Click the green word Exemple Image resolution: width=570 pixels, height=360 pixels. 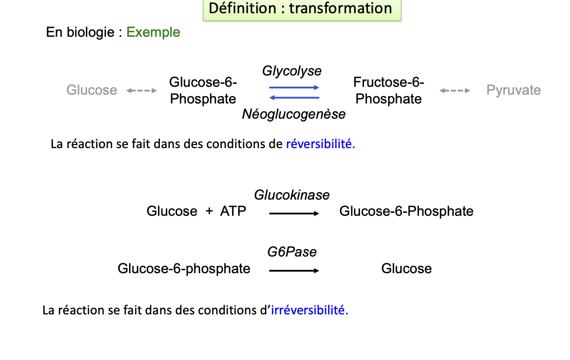(x=153, y=32)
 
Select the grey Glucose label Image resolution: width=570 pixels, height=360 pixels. (x=92, y=90)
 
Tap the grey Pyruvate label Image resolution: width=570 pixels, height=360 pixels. (x=513, y=90)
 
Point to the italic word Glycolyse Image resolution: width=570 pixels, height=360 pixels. (x=292, y=71)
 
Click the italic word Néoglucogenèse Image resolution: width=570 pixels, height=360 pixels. (x=293, y=114)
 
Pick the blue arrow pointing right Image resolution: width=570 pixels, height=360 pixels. (x=294, y=87)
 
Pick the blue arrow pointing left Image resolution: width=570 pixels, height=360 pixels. (x=294, y=98)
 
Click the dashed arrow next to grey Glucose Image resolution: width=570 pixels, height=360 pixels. (x=141, y=91)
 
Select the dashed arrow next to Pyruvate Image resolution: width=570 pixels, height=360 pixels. (x=455, y=91)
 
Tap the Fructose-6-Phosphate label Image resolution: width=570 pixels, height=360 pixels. (x=389, y=91)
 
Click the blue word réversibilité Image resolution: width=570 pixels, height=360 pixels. (x=320, y=144)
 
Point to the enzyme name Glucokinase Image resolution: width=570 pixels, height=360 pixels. (x=292, y=195)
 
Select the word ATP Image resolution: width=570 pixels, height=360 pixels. (x=233, y=211)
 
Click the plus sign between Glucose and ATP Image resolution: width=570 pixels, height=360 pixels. (x=209, y=211)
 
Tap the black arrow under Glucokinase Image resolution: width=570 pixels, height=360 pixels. (x=294, y=213)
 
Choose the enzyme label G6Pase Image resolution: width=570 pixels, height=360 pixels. (x=292, y=252)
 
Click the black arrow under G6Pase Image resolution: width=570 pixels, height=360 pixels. (x=294, y=270)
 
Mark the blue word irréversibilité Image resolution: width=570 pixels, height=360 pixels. (x=310, y=310)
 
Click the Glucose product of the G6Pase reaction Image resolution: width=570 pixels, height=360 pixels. (x=406, y=269)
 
